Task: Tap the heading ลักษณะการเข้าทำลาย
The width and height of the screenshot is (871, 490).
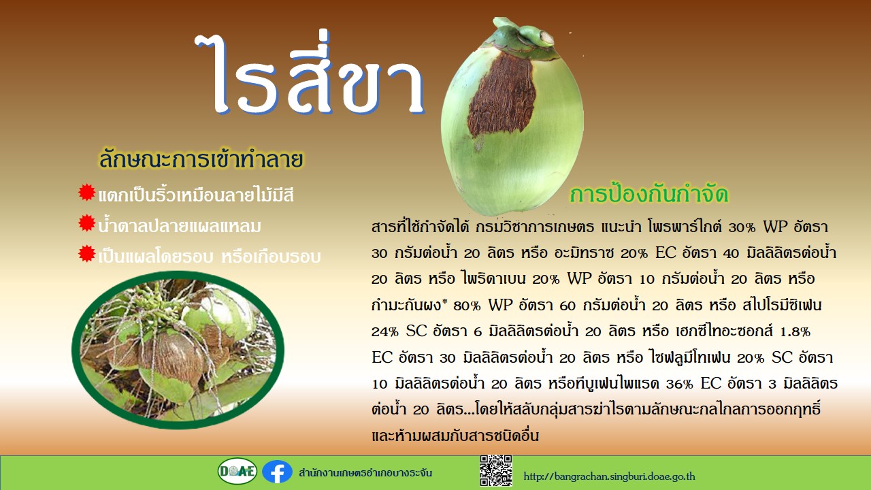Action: click(201, 159)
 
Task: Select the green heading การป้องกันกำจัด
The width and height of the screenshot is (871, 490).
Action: click(648, 194)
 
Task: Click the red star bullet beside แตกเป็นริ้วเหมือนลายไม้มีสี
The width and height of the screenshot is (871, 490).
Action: click(86, 192)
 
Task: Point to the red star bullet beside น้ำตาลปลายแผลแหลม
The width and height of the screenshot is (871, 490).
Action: click(86, 223)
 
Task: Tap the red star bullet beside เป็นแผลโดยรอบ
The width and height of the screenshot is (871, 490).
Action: click(86, 254)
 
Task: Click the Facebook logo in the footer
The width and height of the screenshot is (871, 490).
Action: click(277, 472)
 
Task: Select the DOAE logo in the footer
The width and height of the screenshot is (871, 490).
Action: click(237, 471)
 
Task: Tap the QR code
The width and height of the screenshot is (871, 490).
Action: click(496, 470)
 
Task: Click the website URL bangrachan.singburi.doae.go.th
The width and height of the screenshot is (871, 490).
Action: click(609, 476)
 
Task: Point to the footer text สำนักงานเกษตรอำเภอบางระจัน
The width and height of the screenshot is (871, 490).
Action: click(365, 473)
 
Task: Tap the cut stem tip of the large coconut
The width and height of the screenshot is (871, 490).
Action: click(546, 37)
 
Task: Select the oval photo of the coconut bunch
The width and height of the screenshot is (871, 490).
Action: click(178, 350)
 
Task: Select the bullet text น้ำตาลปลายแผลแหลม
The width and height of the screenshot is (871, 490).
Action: click(180, 225)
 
